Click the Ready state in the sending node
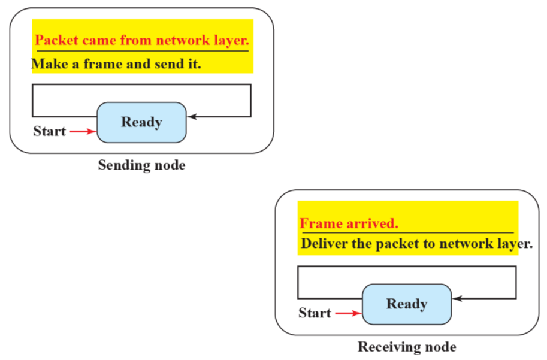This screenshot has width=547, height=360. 141,122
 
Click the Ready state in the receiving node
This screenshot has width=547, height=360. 407,304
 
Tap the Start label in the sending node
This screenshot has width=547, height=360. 49,131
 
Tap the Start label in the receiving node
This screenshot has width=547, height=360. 315,313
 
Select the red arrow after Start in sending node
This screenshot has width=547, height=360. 83,131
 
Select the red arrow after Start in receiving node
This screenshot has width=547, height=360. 348,313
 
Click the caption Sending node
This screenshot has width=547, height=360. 141,165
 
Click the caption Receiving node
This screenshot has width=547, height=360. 407,347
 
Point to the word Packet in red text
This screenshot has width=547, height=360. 54,41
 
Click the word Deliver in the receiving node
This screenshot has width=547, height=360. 322,244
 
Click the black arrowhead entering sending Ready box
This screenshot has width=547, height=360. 191,117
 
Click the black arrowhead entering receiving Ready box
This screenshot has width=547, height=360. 457,298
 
